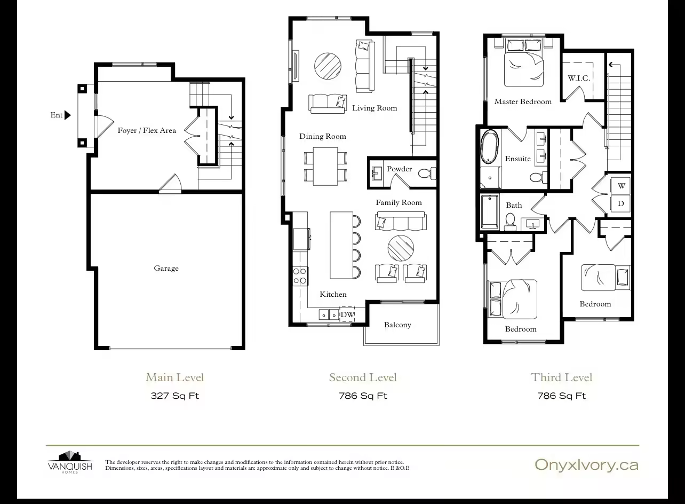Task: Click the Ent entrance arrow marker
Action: [x=68, y=115]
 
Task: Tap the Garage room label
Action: [x=166, y=269]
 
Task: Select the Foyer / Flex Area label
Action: [x=147, y=131]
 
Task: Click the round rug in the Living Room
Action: [x=328, y=66]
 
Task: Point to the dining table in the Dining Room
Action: [x=325, y=167]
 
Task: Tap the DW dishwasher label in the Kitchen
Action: [x=347, y=314]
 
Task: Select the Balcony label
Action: [x=397, y=325]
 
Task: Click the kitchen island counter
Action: [x=341, y=246]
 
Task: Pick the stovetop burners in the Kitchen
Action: [x=300, y=275]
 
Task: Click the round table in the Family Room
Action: [x=401, y=248]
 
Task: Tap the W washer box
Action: [x=621, y=186]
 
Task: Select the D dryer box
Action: [x=621, y=203]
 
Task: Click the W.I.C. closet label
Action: [x=579, y=78]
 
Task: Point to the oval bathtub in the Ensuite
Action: [x=490, y=147]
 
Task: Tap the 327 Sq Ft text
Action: [x=175, y=396]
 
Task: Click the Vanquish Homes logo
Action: [x=70, y=462]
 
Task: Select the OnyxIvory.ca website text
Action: [x=586, y=465]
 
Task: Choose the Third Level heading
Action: [x=561, y=377]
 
